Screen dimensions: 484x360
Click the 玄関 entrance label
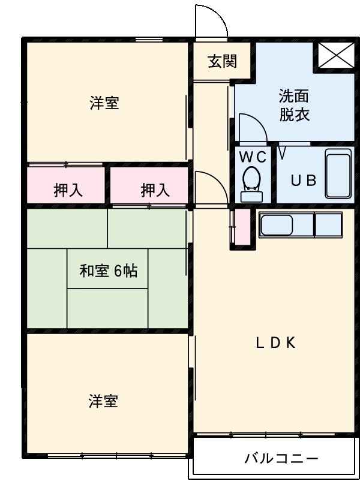pos(222,61)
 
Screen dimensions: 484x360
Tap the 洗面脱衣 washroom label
pos(295,105)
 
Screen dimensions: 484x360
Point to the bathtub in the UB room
pos(337,174)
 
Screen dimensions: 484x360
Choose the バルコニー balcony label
pos(281,459)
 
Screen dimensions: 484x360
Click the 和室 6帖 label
pos(108,271)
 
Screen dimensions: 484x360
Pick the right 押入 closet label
pos(155,191)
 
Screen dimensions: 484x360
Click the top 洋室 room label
pos(104,103)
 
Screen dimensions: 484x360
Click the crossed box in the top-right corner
pos(335,56)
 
